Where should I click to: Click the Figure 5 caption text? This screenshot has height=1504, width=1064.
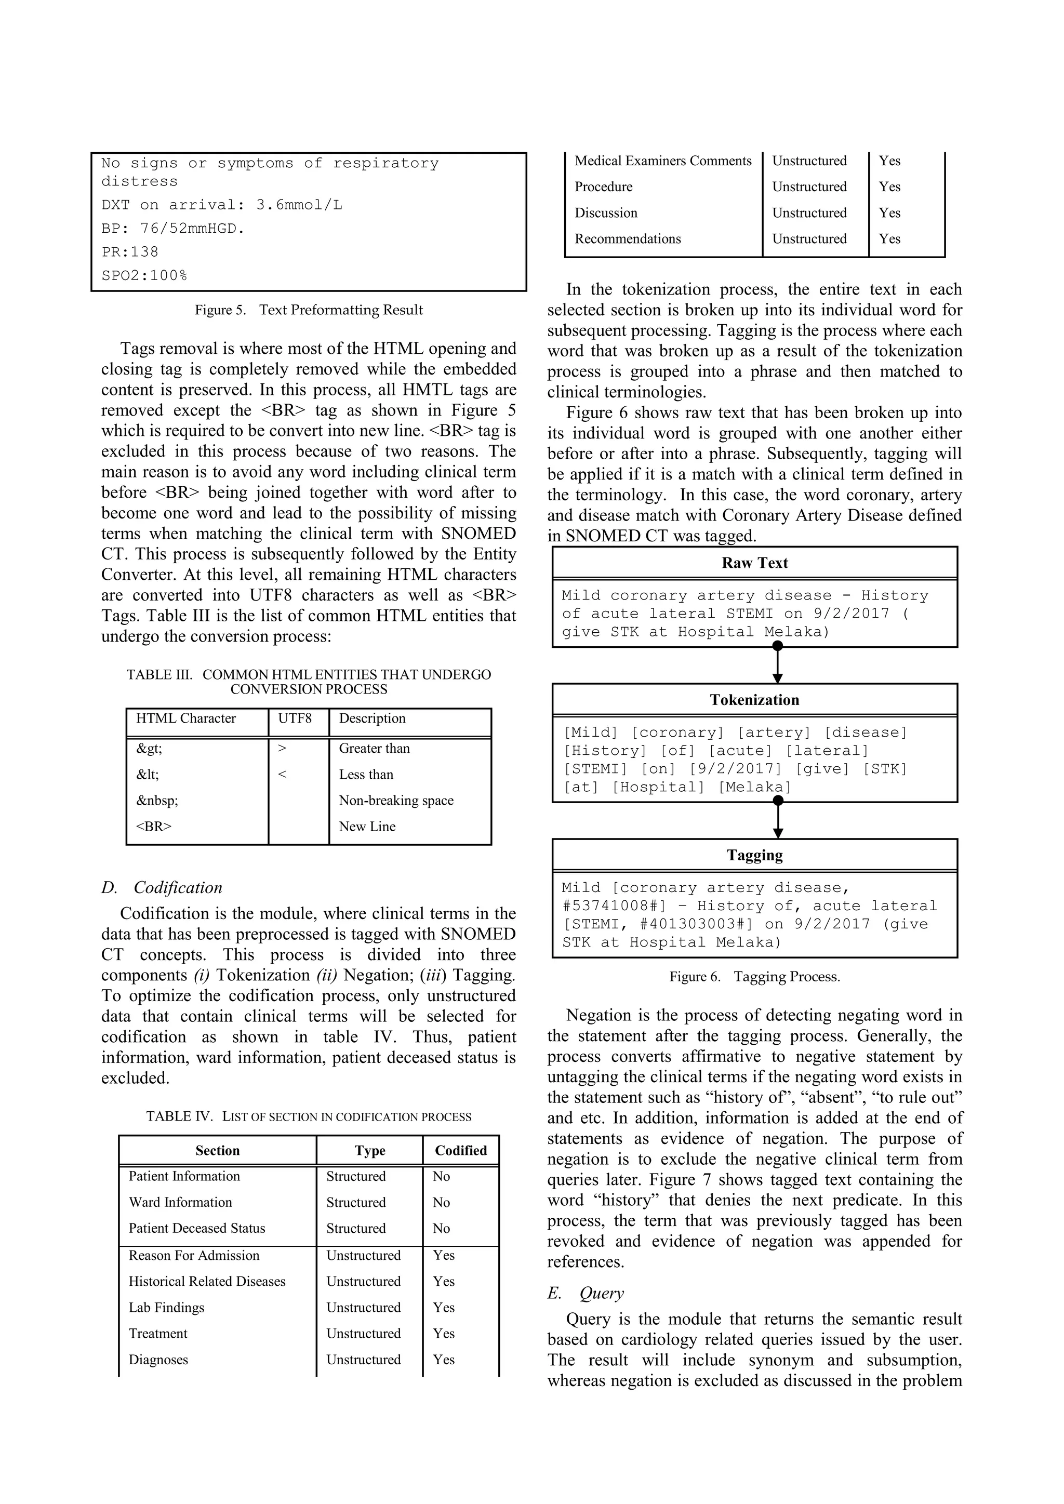(309, 310)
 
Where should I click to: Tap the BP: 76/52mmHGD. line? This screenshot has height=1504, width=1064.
(173, 229)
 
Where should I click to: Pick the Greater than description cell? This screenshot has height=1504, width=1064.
(374, 748)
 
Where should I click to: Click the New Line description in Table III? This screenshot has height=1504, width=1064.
(367, 827)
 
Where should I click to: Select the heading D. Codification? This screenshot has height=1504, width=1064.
(162, 888)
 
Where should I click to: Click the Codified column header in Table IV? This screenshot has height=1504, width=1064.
(461, 1150)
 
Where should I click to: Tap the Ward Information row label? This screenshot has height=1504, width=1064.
(180, 1202)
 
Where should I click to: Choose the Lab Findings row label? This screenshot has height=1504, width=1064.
(166, 1308)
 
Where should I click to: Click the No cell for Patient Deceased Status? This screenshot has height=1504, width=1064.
(441, 1228)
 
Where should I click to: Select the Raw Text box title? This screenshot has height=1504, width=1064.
(754, 563)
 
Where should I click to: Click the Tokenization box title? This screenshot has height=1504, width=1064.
(754, 700)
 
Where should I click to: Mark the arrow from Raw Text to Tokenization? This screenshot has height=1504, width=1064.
(778, 665)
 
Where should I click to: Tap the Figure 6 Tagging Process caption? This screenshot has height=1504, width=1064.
(754, 977)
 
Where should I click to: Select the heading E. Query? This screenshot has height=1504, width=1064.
(585, 1293)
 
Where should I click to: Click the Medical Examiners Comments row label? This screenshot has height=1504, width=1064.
(663, 161)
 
